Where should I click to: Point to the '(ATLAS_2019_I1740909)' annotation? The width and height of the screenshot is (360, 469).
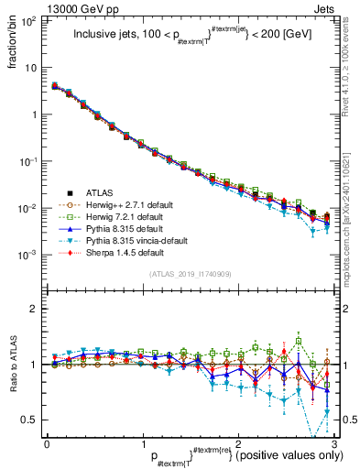(189, 274)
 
